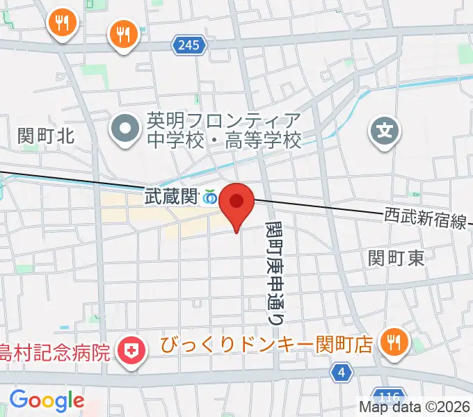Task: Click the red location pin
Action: (236, 203)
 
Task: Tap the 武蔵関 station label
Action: (170, 197)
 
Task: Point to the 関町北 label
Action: (46, 136)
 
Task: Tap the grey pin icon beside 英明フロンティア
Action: (126, 129)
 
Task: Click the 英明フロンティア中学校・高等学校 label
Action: (223, 131)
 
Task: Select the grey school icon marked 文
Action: (385, 129)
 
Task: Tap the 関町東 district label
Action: (396, 259)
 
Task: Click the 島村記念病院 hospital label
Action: (56, 352)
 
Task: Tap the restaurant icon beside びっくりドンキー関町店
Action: (394, 343)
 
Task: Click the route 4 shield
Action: (340, 373)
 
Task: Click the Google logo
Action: (47, 400)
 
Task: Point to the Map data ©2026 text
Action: (415, 407)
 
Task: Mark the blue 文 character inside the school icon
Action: (385, 129)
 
